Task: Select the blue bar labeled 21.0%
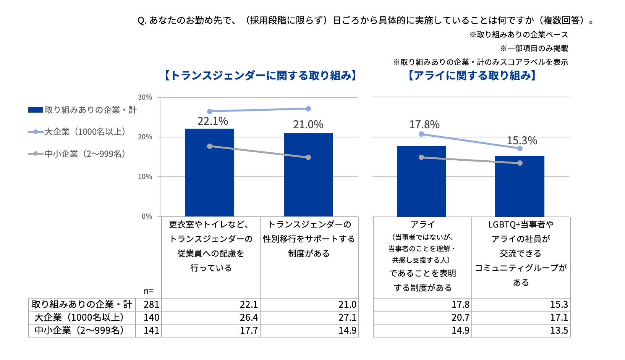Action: (308, 179)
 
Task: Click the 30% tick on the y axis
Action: (145, 97)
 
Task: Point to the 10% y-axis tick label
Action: (145, 177)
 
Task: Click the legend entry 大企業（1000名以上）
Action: (85, 132)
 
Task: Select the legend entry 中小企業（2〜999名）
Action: (85, 154)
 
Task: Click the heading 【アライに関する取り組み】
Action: (472, 76)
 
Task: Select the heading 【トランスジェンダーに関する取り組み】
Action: (261, 76)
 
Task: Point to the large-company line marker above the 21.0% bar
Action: (308, 109)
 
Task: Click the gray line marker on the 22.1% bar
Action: (210, 146)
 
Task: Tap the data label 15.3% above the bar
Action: (522, 141)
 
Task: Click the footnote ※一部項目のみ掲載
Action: (534, 48)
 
